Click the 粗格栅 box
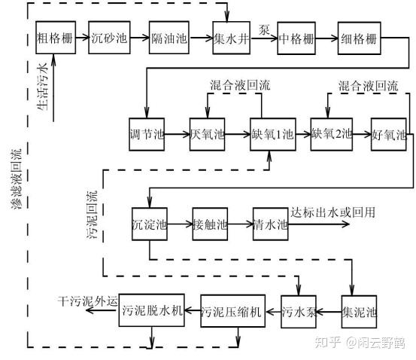[x=54, y=38]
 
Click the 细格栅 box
[x=358, y=38]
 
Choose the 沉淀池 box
[x=150, y=224]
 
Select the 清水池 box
[x=270, y=224]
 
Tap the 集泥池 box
[x=358, y=311]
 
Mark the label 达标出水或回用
[x=336, y=212]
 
